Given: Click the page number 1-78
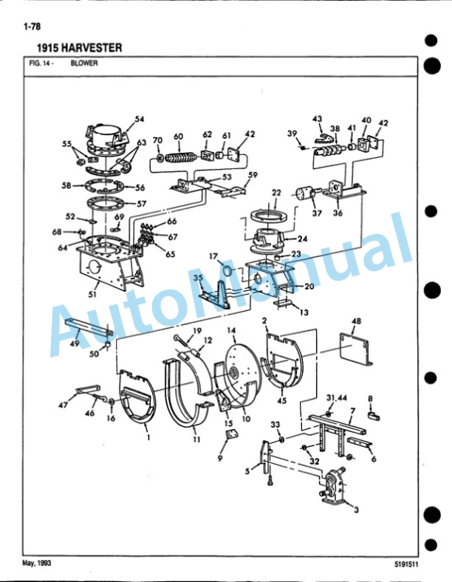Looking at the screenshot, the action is [32, 27].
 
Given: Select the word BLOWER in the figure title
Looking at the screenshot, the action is [84, 63].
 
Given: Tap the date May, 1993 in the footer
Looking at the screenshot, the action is [37, 563].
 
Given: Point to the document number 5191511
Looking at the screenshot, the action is [406, 564].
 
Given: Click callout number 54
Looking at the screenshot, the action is [139, 119].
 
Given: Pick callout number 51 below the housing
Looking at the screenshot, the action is [92, 294].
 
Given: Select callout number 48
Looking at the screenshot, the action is [356, 321].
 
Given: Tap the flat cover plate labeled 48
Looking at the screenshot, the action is [356, 349].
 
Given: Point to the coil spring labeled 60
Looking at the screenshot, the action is [179, 158].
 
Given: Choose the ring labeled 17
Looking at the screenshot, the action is [227, 270].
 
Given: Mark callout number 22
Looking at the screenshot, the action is [276, 193].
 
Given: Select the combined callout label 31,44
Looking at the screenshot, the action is [337, 398].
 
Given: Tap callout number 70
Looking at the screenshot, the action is [158, 140].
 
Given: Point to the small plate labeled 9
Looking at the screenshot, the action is [232, 433].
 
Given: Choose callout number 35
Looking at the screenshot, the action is [199, 278].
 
